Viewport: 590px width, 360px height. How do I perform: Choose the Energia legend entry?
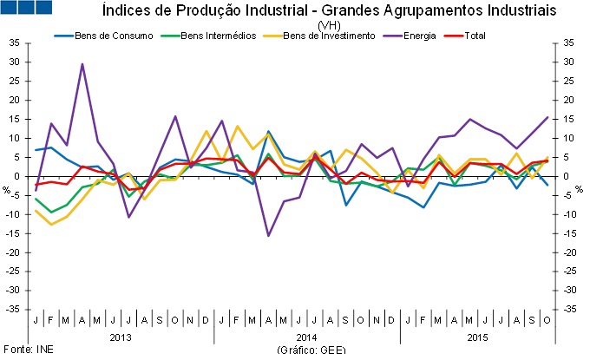[x=414, y=36]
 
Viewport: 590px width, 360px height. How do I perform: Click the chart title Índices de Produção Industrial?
[x=329, y=11]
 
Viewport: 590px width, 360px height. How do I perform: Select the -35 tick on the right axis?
[x=571, y=309]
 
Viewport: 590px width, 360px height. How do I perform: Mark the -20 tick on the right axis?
[x=571, y=252]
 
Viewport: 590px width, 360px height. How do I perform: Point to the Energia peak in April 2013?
[x=82, y=64]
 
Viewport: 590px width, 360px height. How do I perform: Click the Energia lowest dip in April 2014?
[x=268, y=235]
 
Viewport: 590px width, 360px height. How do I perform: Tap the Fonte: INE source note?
[x=21, y=349]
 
